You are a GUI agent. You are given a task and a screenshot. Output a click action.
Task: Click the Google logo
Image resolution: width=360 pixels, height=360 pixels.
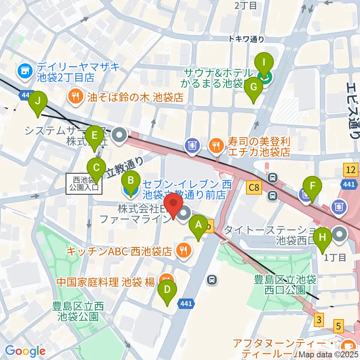click(25, 351)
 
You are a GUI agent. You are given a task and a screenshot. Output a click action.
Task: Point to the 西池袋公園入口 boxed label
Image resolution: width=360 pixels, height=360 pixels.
click(84, 184)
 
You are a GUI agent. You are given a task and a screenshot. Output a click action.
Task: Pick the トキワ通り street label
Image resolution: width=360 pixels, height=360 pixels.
click(247, 39)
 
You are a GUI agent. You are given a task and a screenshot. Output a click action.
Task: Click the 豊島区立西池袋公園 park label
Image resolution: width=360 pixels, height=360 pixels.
click(78, 311)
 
